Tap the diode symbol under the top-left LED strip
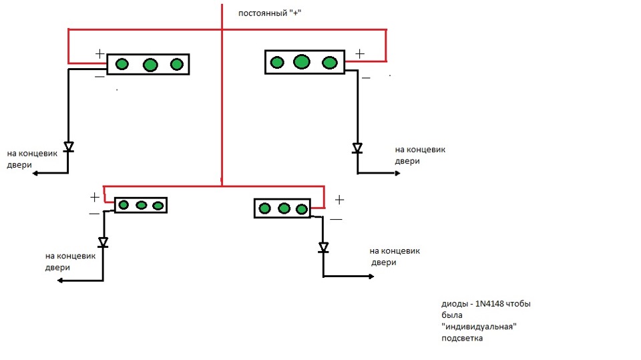tap(68, 147)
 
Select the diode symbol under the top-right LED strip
tap(357, 148)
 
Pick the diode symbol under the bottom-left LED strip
tap(103, 241)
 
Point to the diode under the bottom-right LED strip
tap(324, 247)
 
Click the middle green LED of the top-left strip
tap(150, 65)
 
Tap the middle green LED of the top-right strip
tap(302, 62)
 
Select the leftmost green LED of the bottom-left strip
tap(124, 205)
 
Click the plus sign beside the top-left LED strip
tap(99, 53)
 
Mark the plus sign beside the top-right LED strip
tap(360, 53)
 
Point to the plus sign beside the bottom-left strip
tap(95, 197)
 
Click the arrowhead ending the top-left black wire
tap(35, 173)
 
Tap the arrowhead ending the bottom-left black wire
tap(61, 281)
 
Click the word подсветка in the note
tap(461, 338)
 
